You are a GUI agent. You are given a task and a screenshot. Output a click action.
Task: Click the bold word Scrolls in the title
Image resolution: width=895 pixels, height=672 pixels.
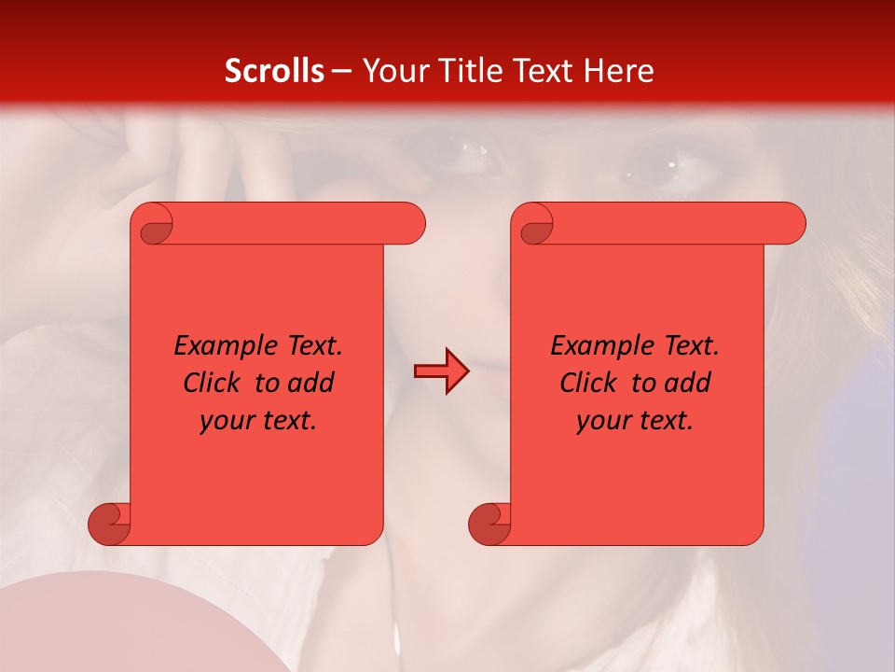pyautogui.click(x=274, y=71)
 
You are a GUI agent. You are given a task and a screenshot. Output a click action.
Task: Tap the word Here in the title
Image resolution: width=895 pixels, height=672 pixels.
pyautogui.click(x=618, y=71)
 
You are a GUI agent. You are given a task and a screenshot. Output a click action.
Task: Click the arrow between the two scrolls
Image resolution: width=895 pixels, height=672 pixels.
pyautogui.click(x=441, y=371)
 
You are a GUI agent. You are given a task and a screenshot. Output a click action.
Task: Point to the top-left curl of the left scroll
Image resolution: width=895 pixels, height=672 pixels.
pyautogui.click(x=154, y=228)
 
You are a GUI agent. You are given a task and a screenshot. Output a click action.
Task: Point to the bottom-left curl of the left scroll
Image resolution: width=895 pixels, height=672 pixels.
pyautogui.click(x=111, y=525)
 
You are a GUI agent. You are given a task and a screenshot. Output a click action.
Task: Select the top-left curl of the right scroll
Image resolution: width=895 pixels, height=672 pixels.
pyautogui.click(x=534, y=228)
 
